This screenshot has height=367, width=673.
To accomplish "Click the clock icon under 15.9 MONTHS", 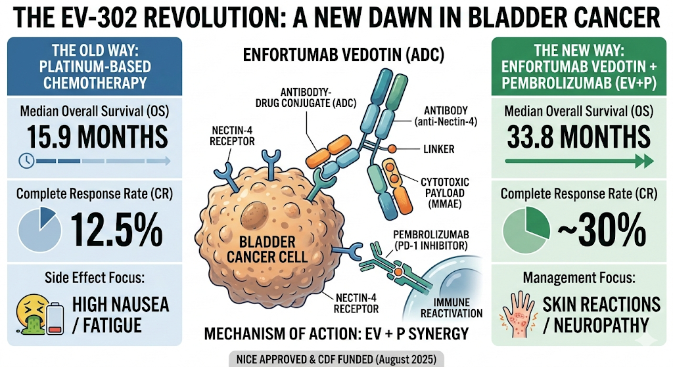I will click(26, 160).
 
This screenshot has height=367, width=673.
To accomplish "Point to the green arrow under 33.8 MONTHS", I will click(579, 160).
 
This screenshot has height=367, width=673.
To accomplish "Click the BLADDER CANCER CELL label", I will click(267, 248).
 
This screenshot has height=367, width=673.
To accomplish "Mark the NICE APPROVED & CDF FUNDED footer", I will click(335, 359).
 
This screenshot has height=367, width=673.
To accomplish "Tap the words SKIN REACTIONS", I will click(601, 305).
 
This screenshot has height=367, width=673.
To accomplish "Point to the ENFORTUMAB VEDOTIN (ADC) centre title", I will click(335, 54).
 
